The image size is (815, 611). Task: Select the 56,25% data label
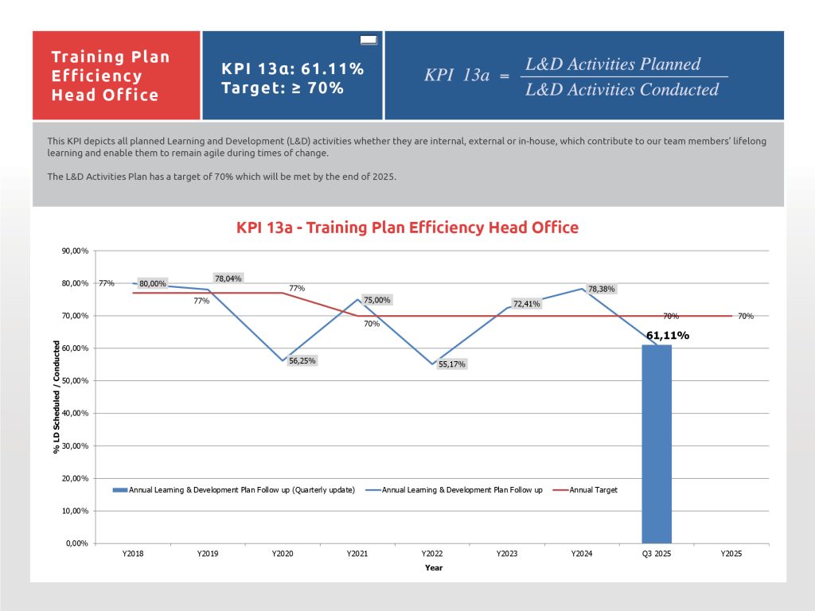pos(302,360)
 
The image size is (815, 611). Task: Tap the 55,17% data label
pos(452,364)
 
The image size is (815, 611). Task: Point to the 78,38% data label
pos(602,289)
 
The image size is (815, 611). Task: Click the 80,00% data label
pos(153,283)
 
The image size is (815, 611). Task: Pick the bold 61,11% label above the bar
pos(667,336)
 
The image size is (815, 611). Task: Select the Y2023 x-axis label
pos(507,554)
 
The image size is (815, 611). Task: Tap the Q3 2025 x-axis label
pos(657,554)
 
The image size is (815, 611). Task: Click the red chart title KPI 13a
pos(407,228)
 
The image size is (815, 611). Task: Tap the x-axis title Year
pos(433,568)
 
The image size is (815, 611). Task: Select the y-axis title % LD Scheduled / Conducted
pos(57,397)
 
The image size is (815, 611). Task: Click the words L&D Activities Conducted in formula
pos(622,89)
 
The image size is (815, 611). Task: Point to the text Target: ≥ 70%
pos(283,88)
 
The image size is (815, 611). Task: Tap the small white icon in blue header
pos(369,39)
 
